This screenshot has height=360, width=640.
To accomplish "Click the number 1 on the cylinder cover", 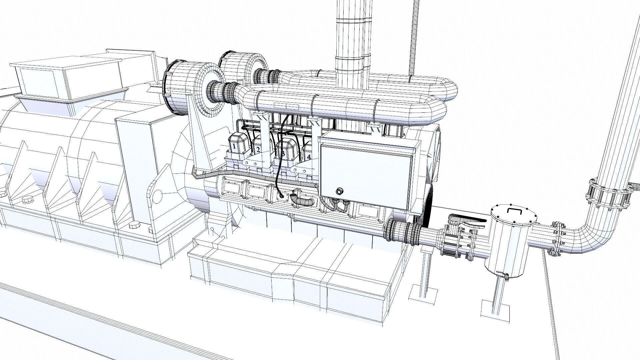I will tap(234, 146).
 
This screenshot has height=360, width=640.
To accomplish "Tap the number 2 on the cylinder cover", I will tap(258, 150).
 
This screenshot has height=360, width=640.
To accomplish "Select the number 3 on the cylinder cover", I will tap(283, 153).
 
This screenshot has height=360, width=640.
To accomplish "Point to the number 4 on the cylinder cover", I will tap(309, 156).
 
